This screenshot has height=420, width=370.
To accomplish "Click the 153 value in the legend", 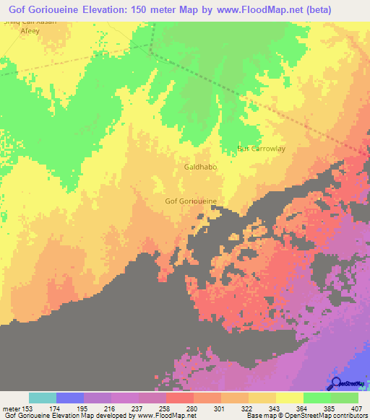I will coord(28,408).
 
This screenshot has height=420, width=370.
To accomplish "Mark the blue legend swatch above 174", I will coord(69,398).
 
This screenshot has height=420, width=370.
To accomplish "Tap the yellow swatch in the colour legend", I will coord(289,398).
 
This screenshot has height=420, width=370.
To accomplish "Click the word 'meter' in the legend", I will coord(11,408).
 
